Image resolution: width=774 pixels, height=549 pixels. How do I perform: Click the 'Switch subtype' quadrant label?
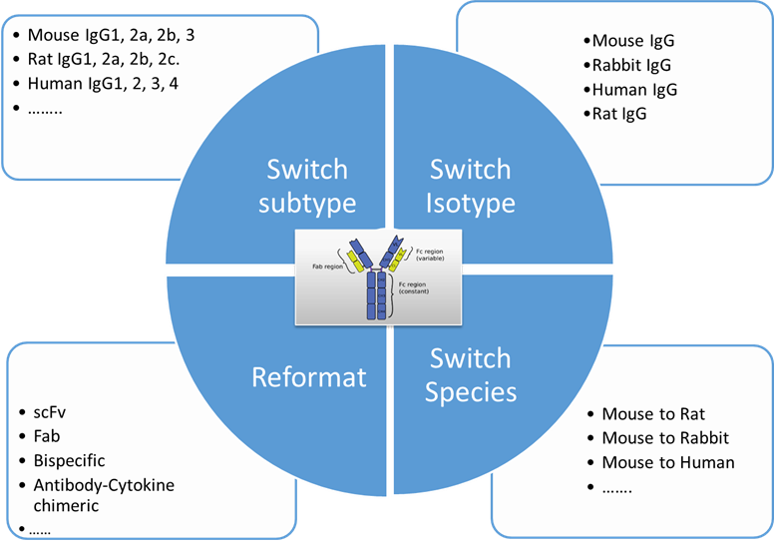[x=306, y=186]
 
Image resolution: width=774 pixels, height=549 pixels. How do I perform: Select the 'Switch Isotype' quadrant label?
[x=470, y=186]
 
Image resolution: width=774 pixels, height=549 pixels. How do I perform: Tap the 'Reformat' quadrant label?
[x=309, y=376]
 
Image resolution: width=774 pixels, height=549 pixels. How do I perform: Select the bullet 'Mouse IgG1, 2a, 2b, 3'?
[x=111, y=36]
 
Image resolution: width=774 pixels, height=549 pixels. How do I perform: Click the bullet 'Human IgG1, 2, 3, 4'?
[x=109, y=84]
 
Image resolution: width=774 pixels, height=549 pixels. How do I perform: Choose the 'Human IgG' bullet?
[x=634, y=90]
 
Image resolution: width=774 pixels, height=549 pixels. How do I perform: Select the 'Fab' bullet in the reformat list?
[x=47, y=436]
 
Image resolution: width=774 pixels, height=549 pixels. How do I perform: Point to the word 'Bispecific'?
[x=69, y=460]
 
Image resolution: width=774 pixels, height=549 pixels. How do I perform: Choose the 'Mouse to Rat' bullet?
[x=653, y=413]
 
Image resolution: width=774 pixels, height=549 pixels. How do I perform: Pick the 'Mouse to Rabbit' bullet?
[x=665, y=437]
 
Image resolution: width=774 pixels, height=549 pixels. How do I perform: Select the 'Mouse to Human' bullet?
[x=668, y=462]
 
